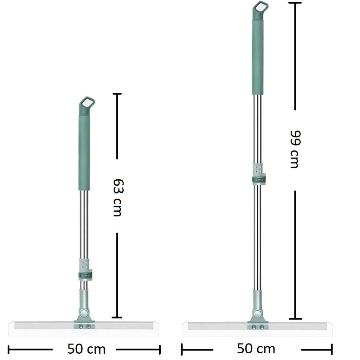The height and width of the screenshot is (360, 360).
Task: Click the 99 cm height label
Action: [x=294, y=149]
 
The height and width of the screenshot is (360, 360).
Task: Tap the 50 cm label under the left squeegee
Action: [x=86, y=349]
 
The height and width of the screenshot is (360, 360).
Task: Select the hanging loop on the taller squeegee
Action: [x=260, y=7]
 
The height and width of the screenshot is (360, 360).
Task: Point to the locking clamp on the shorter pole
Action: [x=85, y=275]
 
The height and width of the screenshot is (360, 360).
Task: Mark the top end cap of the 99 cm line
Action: [x=295, y=3]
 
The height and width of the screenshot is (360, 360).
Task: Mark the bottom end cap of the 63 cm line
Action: [x=117, y=317]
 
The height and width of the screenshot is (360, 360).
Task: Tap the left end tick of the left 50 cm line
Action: [x=8, y=349]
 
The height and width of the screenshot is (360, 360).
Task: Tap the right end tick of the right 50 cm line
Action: [x=332, y=349]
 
